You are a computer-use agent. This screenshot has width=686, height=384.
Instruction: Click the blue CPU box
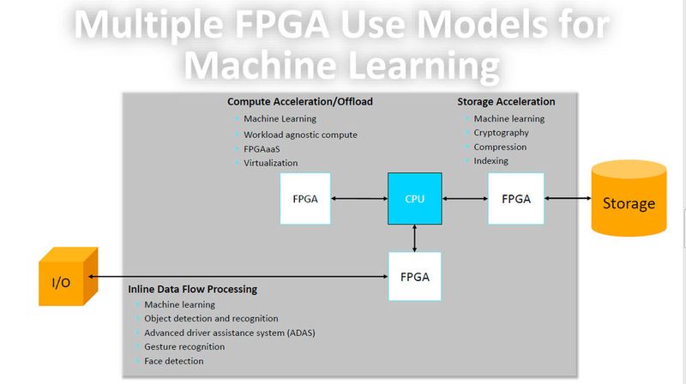[414, 198]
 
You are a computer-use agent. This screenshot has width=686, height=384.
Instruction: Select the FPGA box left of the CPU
[305, 198]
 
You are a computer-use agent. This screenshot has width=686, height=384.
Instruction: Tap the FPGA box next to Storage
[516, 198]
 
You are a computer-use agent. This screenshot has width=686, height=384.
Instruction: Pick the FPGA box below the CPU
[415, 276]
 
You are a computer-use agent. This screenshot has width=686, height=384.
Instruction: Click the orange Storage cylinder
[629, 202]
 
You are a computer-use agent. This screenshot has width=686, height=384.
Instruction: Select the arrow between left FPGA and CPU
[359, 199]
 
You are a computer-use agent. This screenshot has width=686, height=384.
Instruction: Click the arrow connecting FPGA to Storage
[569, 199]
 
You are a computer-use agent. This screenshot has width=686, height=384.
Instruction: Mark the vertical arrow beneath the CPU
[415, 237]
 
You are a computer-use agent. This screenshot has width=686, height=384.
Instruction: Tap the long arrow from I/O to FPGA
[236, 277]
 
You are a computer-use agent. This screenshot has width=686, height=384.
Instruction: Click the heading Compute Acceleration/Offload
[299, 102]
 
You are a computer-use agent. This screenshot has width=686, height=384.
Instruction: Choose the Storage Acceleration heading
[506, 102]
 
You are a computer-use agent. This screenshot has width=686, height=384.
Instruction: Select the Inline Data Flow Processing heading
[192, 289]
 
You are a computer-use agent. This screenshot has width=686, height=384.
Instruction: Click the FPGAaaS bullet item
[263, 148]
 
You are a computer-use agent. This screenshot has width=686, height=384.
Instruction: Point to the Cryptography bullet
[501, 133]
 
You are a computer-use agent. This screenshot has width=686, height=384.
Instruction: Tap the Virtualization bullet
[270, 162]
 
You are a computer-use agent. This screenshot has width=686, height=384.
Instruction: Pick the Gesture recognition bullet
[184, 346]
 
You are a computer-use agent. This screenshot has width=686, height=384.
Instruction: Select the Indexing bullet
[490, 160]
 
